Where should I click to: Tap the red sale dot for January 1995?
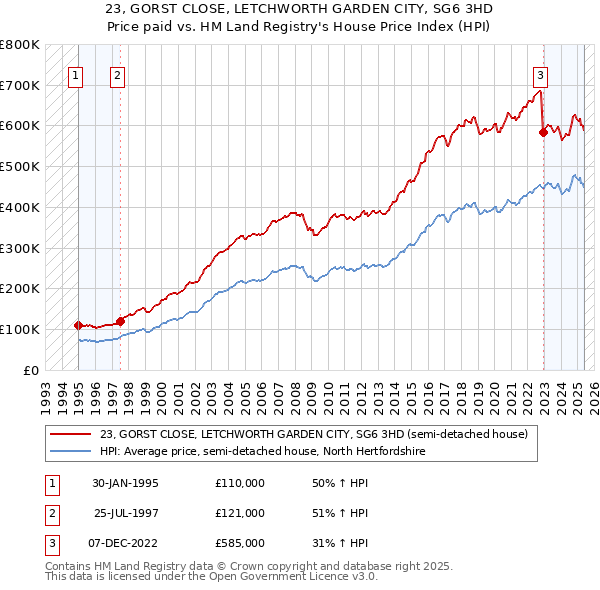(78, 325)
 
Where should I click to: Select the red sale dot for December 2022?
(543, 131)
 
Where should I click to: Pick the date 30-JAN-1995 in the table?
(125, 483)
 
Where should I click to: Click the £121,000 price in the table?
(239, 513)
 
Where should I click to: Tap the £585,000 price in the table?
(239, 543)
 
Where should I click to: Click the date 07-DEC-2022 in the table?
(125, 543)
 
